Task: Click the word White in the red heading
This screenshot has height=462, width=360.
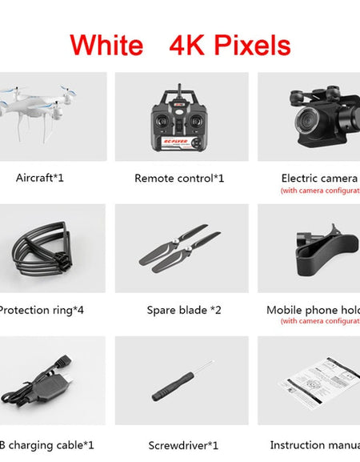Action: tap(106, 44)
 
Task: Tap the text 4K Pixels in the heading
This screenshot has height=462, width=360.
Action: tap(230, 45)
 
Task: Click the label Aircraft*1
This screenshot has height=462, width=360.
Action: tap(40, 177)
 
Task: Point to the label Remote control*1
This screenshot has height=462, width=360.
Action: tap(179, 178)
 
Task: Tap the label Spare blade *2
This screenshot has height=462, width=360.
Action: tap(179, 310)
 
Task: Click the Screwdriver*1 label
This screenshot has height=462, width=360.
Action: tap(179, 445)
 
